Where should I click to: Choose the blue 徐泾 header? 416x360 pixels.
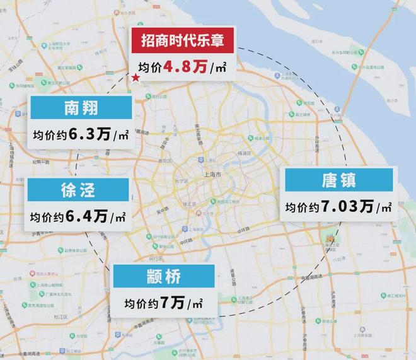click(78, 190)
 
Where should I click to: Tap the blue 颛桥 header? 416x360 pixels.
click(165, 276)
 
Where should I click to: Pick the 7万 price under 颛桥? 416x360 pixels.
click(172, 303)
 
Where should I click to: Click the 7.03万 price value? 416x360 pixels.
click(347, 207)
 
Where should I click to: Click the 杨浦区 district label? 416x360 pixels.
click(243, 153)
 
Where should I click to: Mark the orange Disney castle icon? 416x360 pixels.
click(328, 240)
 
